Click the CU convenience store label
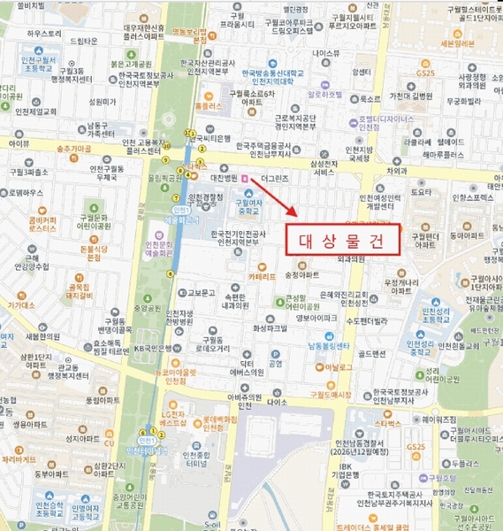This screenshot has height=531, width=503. (x=110, y=442)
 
